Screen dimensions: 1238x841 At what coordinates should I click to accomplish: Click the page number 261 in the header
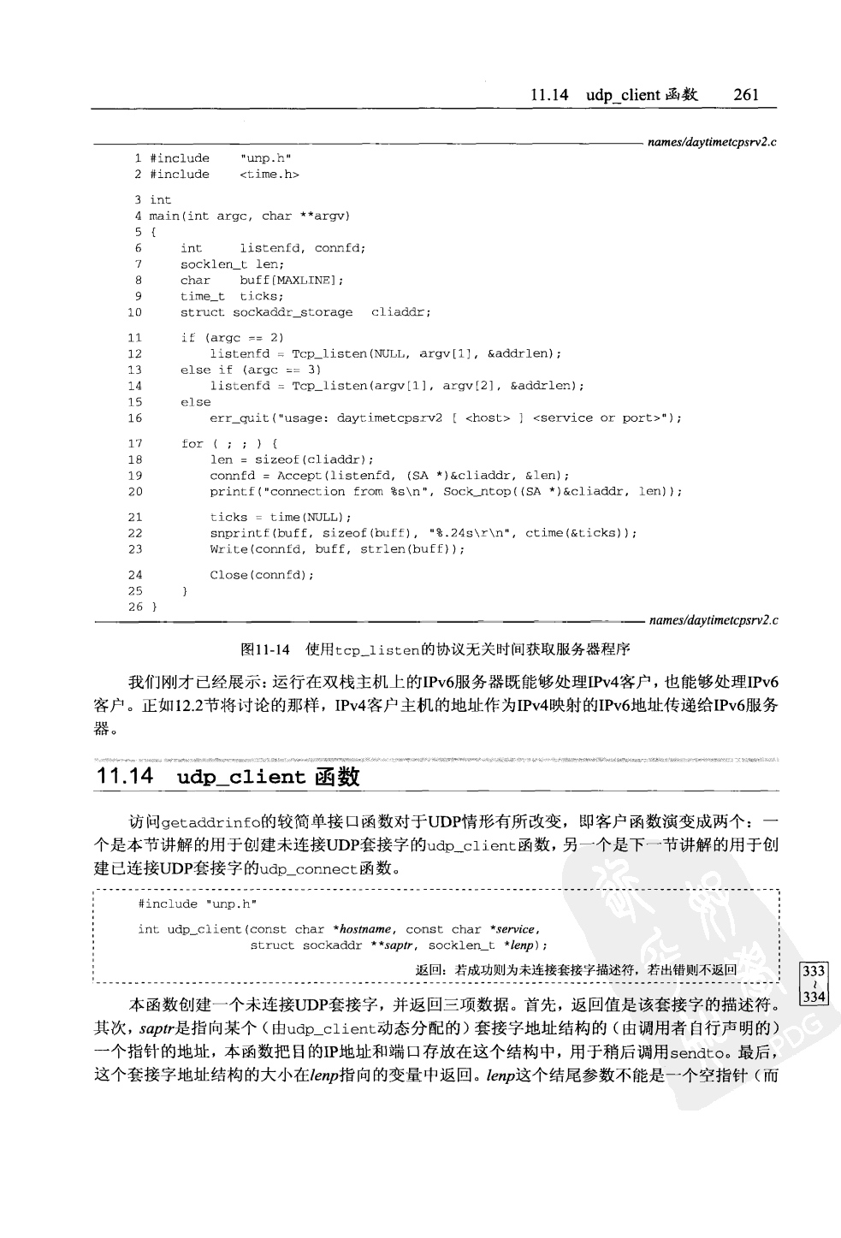pyautogui.click(x=746, y=95)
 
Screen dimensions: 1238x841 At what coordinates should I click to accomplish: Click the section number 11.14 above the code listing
pyautogui.click(x=549, y=95)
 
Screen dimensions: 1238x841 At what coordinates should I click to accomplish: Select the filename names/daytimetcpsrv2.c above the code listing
pyautogui.click(x=712, y=142)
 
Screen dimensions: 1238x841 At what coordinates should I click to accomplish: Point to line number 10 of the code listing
pyautogui.click(x=135, y=313)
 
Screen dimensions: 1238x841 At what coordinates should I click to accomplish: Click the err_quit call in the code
pyautogui.click(x=239, y=418)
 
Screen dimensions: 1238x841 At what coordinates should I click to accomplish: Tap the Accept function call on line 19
pyautogui.click(x=299, y=476)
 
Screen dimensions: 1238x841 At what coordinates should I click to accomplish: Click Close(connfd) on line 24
pyautogui.click(x=262, y=575)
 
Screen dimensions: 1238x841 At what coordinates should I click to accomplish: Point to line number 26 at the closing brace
pyautogui.click(x=135, y=607)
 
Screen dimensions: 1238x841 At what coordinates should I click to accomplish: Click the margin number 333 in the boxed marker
pyautogui.click(x=814, y=971)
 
